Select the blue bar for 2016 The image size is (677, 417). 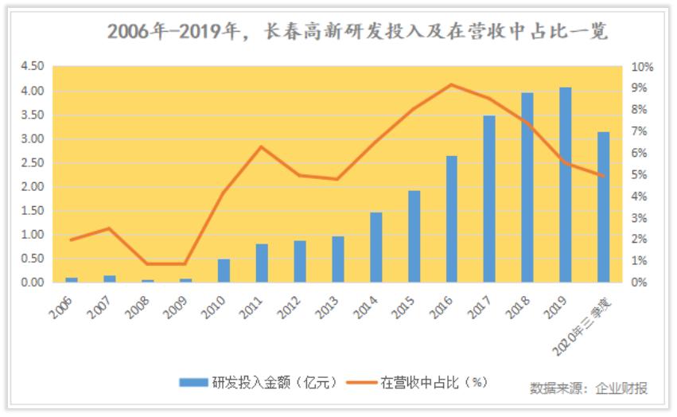pos(451,219)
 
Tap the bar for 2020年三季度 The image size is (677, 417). pos(603,207)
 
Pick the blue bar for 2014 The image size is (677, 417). pos(375,247)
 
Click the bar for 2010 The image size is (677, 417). pos(224,271)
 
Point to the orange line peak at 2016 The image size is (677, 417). pos(451,84)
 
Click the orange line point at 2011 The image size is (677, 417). pos(261,146)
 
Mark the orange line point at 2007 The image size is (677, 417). pos(109,228)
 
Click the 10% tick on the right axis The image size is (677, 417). pos(642,67)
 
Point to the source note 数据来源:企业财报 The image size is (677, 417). pos(589,388)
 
